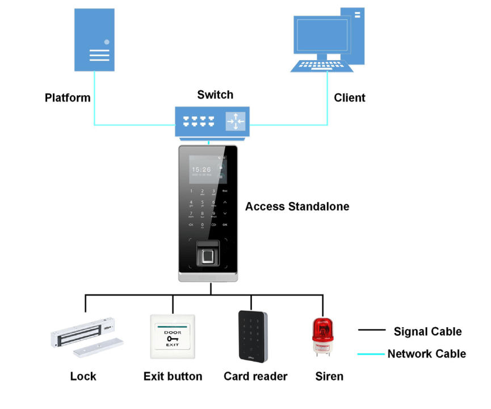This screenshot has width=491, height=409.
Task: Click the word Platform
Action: (68, 98)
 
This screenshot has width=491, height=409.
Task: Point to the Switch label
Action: (215, 95)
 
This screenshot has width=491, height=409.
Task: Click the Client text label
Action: (350, 98)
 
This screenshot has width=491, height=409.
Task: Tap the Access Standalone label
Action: (297, 206)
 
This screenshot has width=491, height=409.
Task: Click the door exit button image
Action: (173, 336)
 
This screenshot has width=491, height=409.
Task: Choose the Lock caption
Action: (83, 376)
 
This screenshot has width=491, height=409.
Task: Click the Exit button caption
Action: (173, 376)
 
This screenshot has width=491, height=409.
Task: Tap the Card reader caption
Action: (255, 376)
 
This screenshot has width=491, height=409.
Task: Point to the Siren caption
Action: (329, 376)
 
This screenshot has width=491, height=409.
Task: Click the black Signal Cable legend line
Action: (371, 330)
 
